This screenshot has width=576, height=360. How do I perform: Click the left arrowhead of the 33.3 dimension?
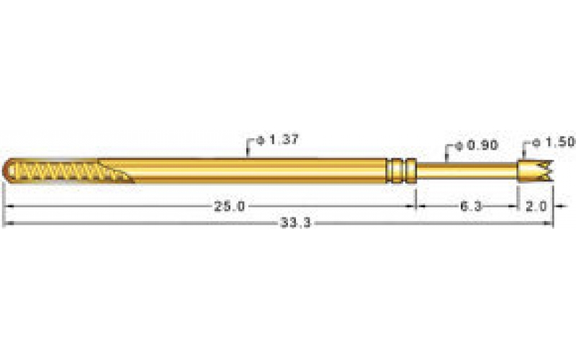6,224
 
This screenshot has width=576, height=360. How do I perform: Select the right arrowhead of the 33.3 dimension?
550,224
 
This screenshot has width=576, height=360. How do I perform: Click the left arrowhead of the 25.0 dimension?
6,207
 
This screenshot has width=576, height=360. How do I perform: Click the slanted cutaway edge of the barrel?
119,173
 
